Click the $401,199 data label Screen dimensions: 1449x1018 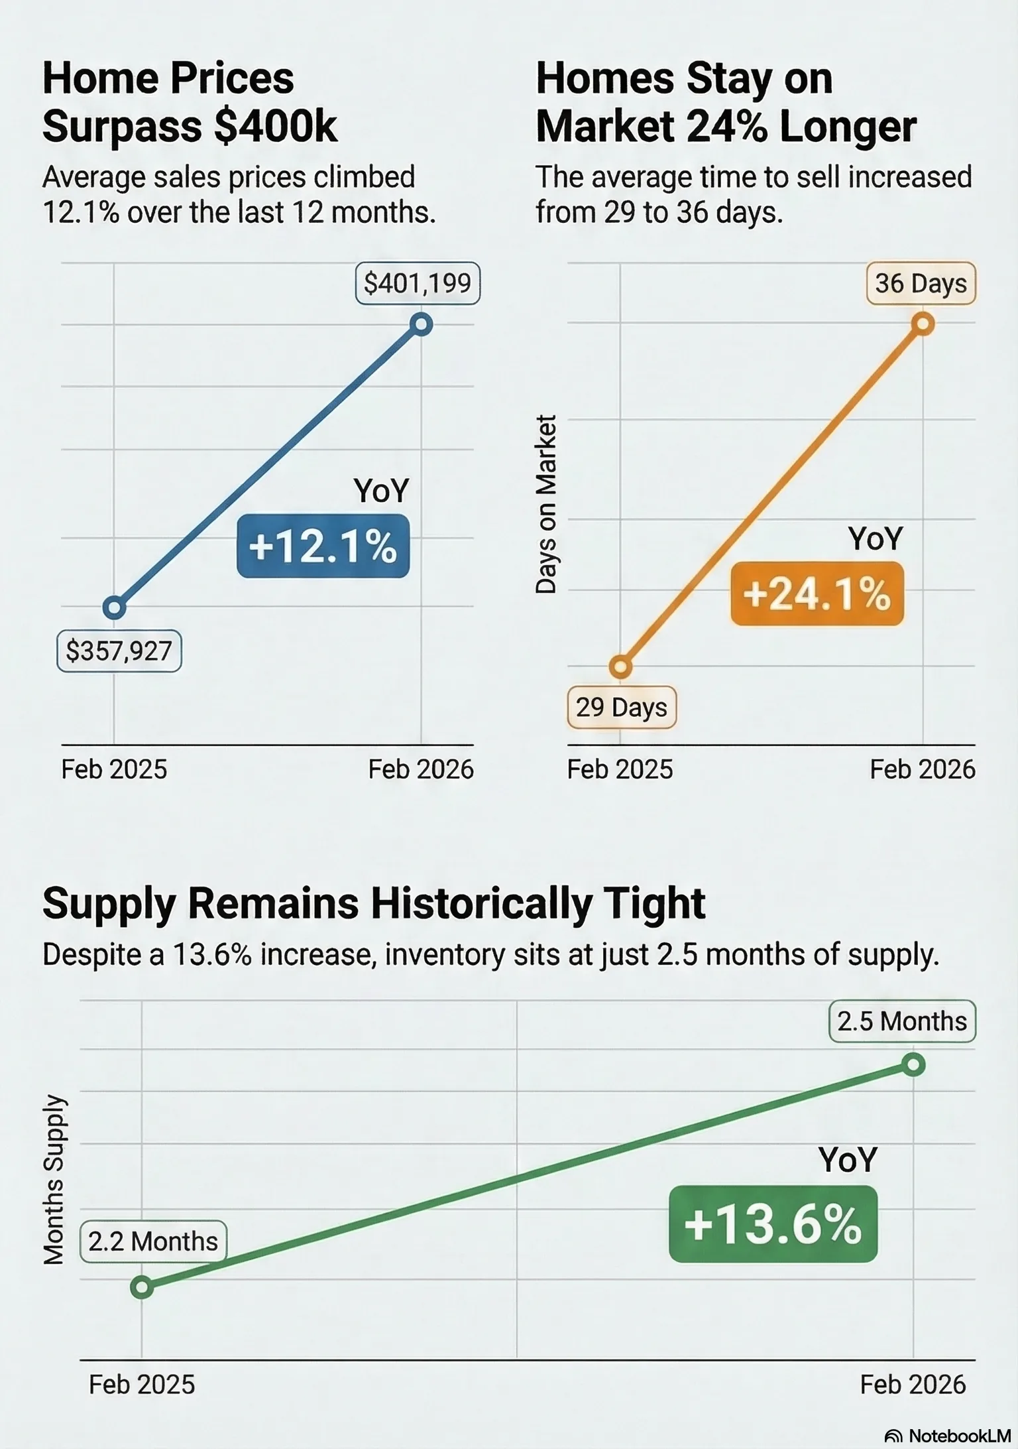[418, 284]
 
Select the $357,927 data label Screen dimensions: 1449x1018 [119, 651]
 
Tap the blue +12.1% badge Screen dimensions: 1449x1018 [323, 546]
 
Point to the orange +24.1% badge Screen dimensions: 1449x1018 [817, 594]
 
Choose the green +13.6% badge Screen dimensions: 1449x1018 [773, 1224]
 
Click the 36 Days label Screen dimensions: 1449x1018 [921, 284]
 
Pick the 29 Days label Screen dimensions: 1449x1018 [622, 708]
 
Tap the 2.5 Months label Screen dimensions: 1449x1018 [902, 1021]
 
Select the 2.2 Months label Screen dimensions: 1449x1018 [153, 1241]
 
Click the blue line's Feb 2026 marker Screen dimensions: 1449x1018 [422, 325]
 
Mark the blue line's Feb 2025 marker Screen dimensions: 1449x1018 [114, 607]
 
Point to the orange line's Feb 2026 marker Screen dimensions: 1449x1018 [923, 324]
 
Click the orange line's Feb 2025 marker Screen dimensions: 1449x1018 [620, 666]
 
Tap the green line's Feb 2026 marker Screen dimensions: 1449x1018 [913, 1066]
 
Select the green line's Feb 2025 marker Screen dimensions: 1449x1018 [142, 1288]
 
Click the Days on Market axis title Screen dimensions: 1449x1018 [546, 504]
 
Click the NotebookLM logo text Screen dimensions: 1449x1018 [959, 1436]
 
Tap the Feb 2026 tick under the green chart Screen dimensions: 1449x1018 [913, 1385]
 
